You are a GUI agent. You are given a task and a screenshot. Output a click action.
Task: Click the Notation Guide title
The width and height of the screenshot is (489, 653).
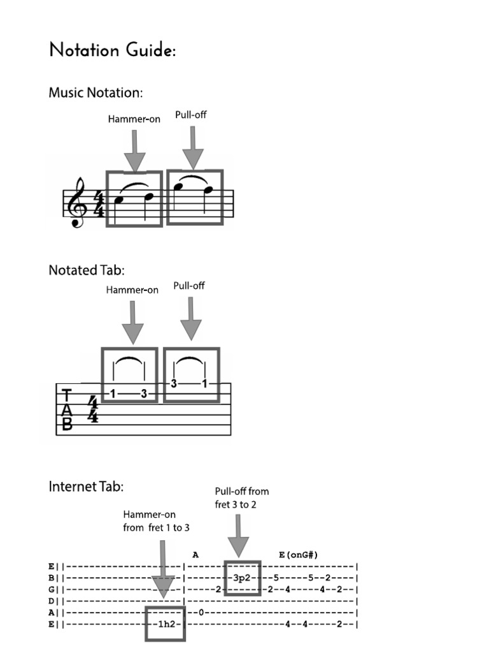[x=112, y=50]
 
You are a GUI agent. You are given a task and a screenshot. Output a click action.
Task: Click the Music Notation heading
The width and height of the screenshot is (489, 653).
[x=96, y=93]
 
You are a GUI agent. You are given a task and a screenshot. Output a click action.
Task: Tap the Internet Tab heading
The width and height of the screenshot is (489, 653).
[x=86, y=487]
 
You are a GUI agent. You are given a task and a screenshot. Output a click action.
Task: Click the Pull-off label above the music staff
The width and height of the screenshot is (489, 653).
[x=191, y=115]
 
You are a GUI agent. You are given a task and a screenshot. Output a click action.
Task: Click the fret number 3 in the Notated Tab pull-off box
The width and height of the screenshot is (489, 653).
[x=174, y=384]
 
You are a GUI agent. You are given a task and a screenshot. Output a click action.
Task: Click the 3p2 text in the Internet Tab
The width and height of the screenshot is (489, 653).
[x=243, y=578]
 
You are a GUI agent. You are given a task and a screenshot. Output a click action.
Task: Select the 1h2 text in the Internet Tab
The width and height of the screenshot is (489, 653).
[x=165, y=624]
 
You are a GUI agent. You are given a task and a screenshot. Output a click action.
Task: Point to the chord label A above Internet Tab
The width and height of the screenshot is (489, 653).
[x=196, y=555]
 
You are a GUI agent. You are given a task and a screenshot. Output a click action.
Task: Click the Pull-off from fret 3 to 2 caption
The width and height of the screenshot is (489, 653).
[x=241, y=497]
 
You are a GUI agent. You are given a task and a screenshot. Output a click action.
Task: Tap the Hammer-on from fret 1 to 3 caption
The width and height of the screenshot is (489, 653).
[x=156, y=521]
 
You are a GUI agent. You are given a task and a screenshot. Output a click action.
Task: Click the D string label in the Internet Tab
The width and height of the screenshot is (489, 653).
[x=52, y=601]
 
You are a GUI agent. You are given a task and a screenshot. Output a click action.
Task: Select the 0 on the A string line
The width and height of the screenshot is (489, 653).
[x=201, y=612]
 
